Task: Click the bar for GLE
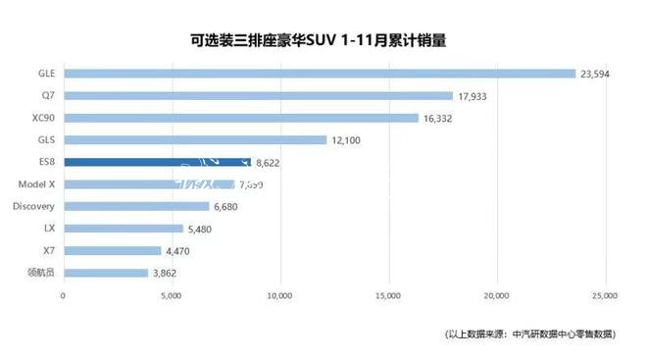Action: click(319, 74)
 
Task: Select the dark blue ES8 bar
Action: click(157, 162)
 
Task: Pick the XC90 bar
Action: click(240, 118)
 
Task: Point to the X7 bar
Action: click(112, 250)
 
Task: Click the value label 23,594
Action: click(597, 74)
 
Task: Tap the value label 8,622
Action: click(271, 162)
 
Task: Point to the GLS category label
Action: click(45, 140)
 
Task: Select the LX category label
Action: click(49, 229)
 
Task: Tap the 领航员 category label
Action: click(41, 273)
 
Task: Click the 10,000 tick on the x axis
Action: click(280, 295)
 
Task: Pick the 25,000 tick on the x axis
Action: click(605, 295)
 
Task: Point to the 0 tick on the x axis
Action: click(64, 295)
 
